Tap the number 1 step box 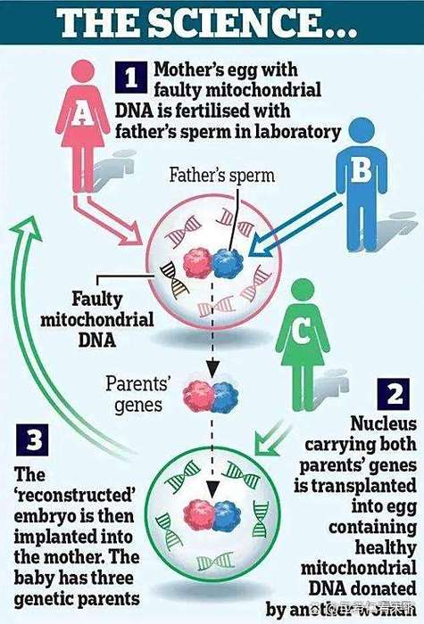coord(131,78)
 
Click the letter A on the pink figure coord(81,110)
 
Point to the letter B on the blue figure coord(360,170)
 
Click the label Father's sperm coord(223,176)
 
